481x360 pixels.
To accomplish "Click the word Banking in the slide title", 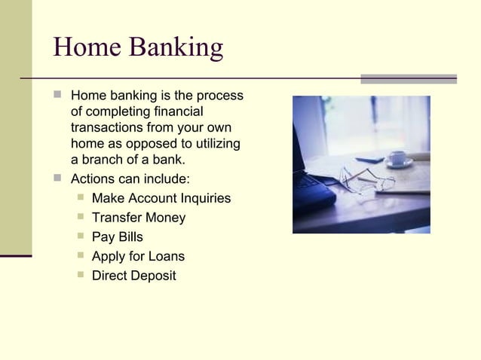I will pyautogui.click(x=176, y=49).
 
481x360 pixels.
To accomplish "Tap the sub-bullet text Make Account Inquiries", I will pyautogui.click(x=161, y=199).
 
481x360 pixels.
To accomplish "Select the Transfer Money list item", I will pyautogui.click(x=138, y=218).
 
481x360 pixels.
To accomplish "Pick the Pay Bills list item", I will pyautogui.click(x=117, y=237).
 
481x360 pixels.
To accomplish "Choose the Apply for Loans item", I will pyautogui.click(x=138, y=257).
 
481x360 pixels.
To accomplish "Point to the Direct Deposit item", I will pyautogui.click(x=133, y=276).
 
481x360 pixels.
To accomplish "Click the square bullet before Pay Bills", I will pyautogui.click(x=80, y=236).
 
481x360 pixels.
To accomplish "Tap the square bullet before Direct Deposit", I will pyautogui.click(x=80, y=275).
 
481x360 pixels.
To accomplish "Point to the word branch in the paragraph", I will pyautogui.click(x=103, y=160).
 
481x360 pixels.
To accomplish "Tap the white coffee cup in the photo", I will pyautogui.click(x=397, y=158).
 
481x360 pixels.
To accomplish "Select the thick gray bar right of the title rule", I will pyautogui.click(x=408, y=78).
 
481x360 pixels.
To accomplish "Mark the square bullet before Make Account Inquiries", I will pyautogui.click(x=80, y=198).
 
